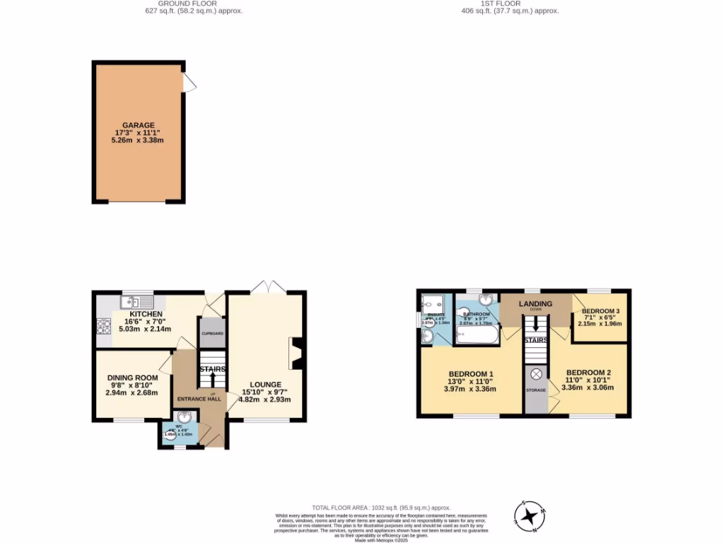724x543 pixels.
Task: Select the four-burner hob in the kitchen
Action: click(x=103, y=326)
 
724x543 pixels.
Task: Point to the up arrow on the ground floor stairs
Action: click(x=211, y=380)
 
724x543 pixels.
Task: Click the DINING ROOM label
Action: click(x=132, y=378)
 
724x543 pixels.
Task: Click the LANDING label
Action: click(x=535, y=304)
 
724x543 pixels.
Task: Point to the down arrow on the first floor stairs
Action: click(x=535, y=324)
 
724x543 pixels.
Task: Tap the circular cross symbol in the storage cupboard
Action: click(x=536, y=373)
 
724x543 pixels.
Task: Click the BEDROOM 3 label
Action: click(x=600, y=311)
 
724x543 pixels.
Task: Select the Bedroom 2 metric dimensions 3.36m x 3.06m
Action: click(x=586, y=387)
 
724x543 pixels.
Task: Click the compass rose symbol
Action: click(x=529, y=517)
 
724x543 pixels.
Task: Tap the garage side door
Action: click(x=189, y=83)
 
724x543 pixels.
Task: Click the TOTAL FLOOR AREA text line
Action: click(x=381, y=508)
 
